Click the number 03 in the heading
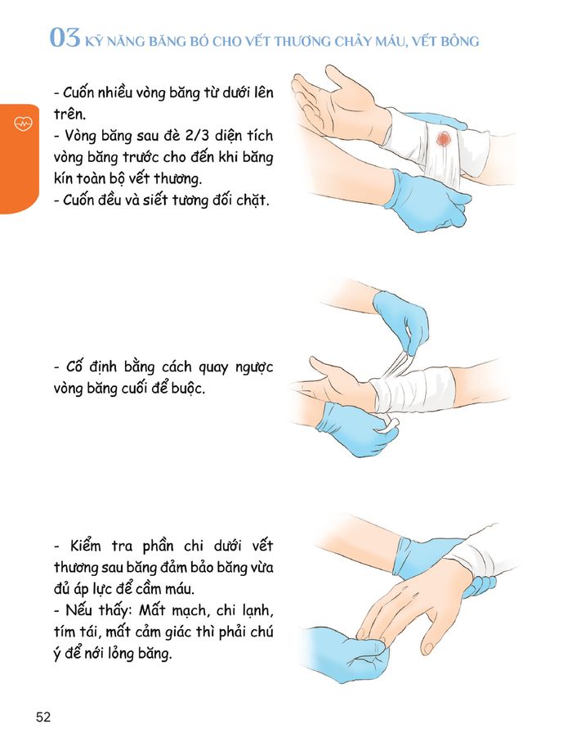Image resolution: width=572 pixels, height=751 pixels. coord(65,38)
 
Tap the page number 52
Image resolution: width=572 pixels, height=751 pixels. coord(43,717)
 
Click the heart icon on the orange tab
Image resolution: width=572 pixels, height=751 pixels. coord(21,124)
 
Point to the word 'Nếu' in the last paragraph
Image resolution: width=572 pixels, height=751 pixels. coord(81,609)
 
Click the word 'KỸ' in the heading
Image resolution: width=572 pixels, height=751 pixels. coord(96,40)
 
